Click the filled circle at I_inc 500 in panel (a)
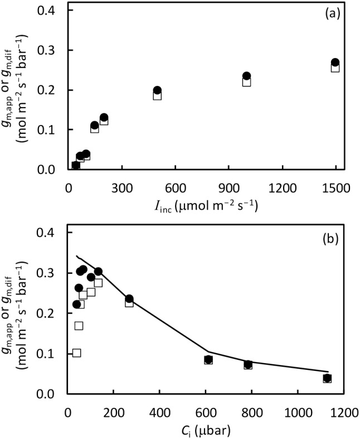point(157,90)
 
